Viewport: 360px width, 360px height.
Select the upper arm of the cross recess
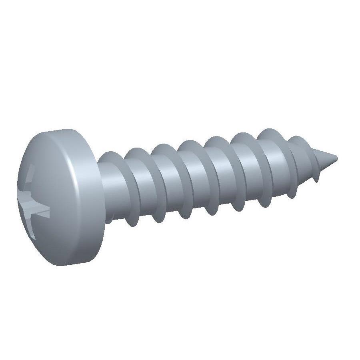tap(30, 178)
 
